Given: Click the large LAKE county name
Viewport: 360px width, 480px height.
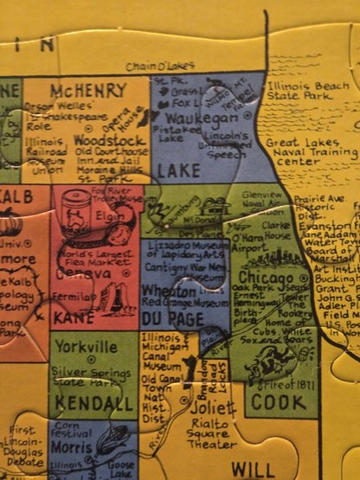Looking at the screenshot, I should point(178,171).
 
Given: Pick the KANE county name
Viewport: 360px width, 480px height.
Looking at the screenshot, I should point(75,318).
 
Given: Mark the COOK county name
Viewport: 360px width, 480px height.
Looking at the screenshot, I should point(279,402).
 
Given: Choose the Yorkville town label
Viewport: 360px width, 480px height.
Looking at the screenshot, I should point(84,347).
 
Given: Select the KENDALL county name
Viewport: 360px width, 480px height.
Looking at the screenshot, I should point(87,403).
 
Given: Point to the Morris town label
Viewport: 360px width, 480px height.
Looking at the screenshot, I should point(73,451).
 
